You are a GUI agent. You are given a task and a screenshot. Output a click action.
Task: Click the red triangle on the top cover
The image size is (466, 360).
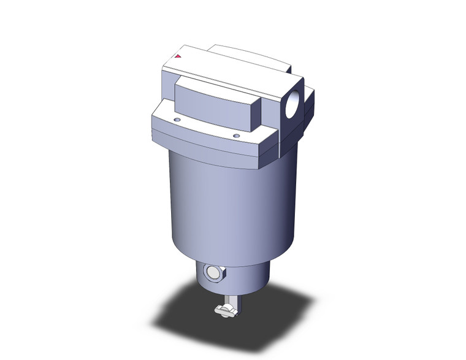click(178, 56)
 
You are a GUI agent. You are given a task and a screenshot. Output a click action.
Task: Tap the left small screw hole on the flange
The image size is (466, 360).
click(177, 120)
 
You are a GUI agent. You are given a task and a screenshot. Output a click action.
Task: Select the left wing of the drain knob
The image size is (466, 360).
click(219, 312)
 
